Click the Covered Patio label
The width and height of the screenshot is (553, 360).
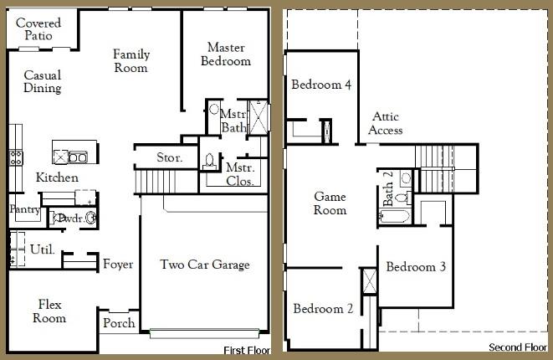(33, 29)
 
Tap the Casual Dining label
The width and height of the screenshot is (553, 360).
(42, 81)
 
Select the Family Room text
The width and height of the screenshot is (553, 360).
(131, 61)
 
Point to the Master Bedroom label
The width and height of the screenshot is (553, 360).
(226, 54)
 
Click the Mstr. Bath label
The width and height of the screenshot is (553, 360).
(233, 121)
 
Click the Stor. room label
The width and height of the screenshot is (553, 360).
(171, 157)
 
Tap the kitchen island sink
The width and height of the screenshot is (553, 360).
(77, 157)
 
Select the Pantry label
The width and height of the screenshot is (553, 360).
(24, 209)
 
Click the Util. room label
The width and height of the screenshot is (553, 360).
(42, 249)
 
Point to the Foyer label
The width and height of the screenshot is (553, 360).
(118, 265)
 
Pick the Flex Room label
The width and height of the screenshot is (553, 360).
(49, 311)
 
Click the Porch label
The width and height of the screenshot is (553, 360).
(118, 323)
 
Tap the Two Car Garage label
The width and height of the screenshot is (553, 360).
(205, 265)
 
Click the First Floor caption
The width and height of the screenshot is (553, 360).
(247, 349)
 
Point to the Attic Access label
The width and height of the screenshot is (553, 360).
(386, 124)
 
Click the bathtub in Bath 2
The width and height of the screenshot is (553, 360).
(392, 217)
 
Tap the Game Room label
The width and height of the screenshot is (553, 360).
(330, 203)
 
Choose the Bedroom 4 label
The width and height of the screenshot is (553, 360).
(320, 85)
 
